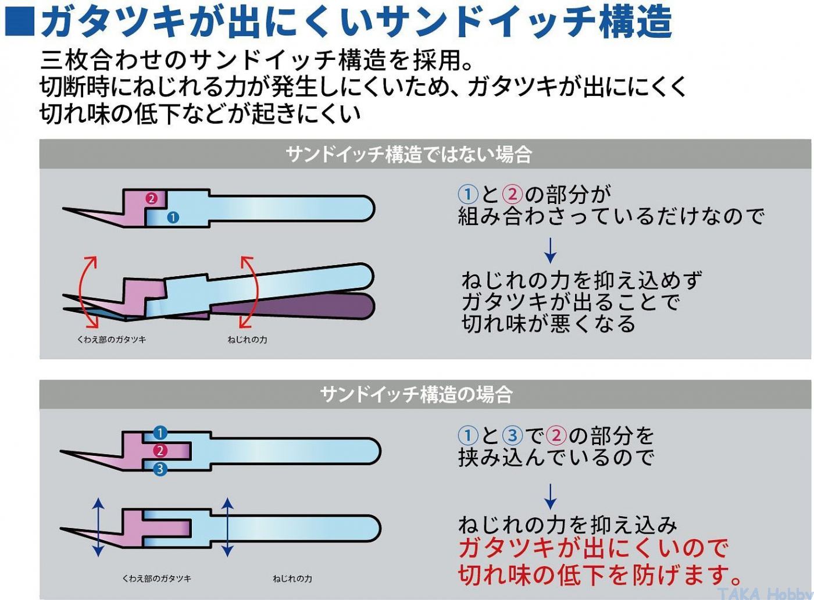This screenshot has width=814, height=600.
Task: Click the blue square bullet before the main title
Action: tap(20, 22)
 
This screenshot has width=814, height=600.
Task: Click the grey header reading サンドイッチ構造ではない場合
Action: tap(425, 153)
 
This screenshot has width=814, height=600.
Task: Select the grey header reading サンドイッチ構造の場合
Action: tap(425, 394)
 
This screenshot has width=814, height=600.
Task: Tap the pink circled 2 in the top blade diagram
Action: tap(152, 198)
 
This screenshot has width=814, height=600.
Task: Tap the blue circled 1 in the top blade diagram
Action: tap(173, 217)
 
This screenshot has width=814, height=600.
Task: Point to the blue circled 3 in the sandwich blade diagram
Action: tap(160, 469)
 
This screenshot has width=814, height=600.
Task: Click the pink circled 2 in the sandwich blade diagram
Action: tap(160, 451)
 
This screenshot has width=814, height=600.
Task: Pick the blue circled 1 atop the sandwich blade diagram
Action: tap(160, 433)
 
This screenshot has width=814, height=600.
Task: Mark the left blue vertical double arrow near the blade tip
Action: tap(98, 527)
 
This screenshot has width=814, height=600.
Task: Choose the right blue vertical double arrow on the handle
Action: tap(227, 527)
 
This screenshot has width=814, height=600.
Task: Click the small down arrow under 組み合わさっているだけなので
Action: tap(551, 251)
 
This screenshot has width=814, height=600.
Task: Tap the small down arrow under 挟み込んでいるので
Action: tap(551, 497)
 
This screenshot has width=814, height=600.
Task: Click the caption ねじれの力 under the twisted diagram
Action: tap(248, 340)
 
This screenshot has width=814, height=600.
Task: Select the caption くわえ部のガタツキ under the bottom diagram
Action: tap(156, 578)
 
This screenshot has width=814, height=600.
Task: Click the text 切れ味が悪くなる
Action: tap(549, 323)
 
